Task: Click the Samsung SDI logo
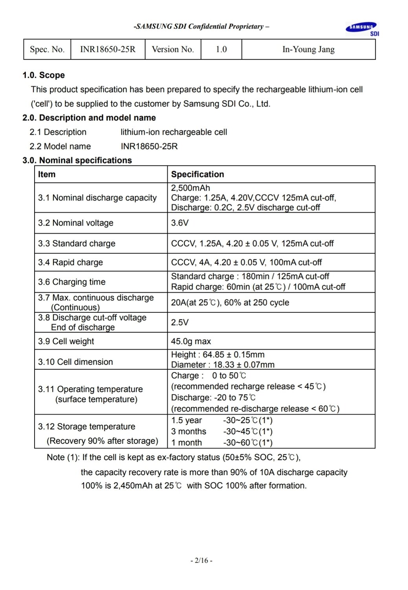click(x=362, y=29)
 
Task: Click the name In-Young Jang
click(x=308, y=50)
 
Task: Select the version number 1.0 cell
click(x=221, y=50)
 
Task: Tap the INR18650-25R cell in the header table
click(x=108, y=50)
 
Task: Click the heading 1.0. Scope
click(x=44, y=75)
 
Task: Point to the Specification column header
click(x=197, y=174)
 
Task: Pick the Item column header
click(x=47, y=174)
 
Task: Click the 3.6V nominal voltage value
click(x=179, y=223)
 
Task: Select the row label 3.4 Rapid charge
click(x=70, y=262)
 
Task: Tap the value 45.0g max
click(x=191, y=341)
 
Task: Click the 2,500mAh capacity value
click(x=190, y=188)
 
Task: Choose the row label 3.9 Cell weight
click(x=66, y=341)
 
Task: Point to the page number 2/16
click(x=201, y=560)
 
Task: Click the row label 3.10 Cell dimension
click(x=75, y=362)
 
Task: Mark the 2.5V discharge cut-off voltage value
click(x=179, y=323)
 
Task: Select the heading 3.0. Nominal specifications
click(x=77, y=160)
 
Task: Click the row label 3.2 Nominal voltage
click(x=75, y=223)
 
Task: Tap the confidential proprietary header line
click(x=201, y=27)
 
